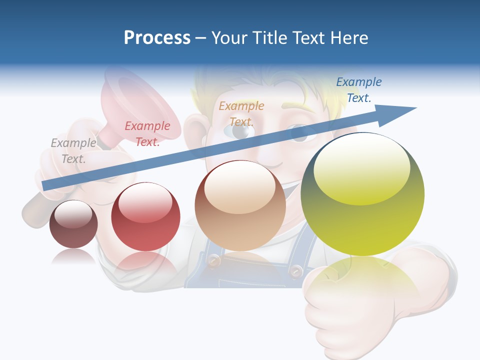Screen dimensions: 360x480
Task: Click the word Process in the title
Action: (157, 37)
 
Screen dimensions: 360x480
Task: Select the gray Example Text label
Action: (73, 151)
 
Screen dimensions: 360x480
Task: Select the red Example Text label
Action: (147, 134)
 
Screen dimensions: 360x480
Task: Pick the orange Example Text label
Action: (241, 113)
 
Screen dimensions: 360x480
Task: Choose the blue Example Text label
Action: (358, 90)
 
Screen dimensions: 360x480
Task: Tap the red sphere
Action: (145, 216)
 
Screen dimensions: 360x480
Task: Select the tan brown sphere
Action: (240, 205)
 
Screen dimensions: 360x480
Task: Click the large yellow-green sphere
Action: (362, 195)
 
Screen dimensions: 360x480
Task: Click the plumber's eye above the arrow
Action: (240, 131)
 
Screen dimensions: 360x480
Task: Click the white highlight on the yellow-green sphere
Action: (362, 170)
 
